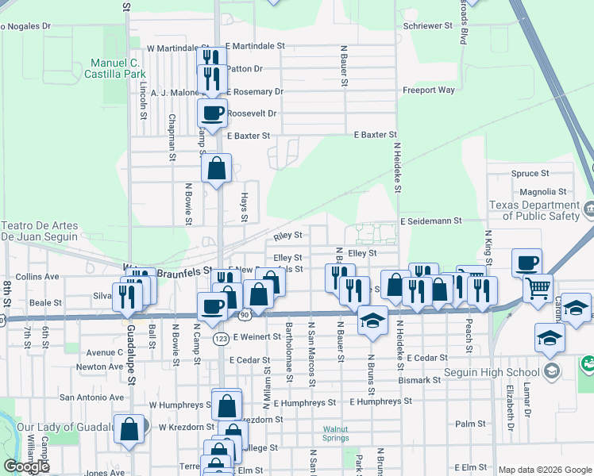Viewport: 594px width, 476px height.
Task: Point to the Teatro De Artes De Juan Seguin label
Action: click(40, 231)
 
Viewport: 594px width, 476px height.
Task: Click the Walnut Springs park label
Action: click(341, 433)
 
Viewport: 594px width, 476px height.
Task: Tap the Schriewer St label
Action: click(427, 25)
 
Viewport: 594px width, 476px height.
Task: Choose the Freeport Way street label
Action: click(429, 90)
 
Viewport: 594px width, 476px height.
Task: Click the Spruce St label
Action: click(530, 173)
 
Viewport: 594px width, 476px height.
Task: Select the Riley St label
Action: click(288, 236)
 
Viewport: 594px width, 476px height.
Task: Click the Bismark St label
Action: click(419, 380)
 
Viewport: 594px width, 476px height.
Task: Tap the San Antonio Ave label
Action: click(91, 397)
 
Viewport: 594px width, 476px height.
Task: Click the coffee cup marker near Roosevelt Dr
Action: click(213, 113)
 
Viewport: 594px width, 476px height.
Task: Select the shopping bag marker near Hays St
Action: click(217, 169)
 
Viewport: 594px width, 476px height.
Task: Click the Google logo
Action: click(27, 466)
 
